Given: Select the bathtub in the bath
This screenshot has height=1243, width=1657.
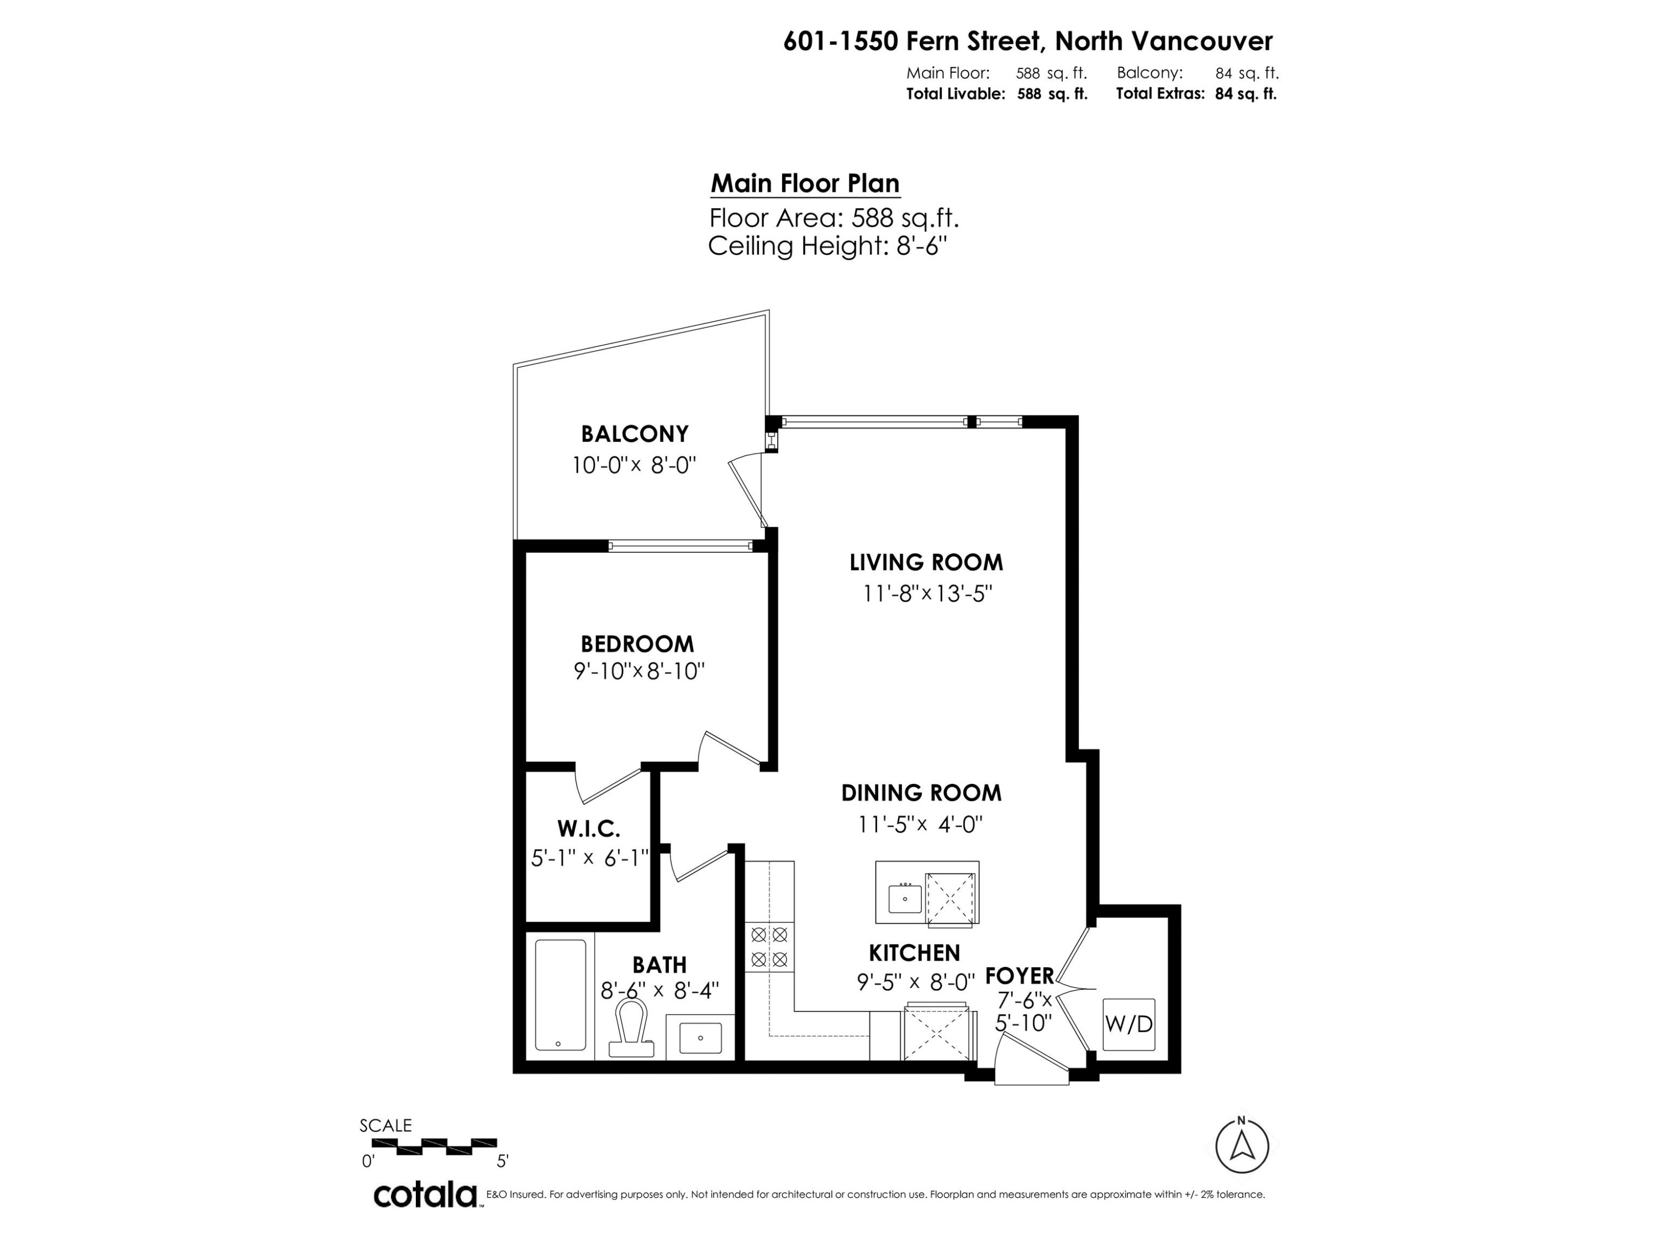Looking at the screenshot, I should coord(560,994).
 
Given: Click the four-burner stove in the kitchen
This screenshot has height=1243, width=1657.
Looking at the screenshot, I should coord(769,946).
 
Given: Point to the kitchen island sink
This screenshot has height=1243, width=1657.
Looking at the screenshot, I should coord(905,897).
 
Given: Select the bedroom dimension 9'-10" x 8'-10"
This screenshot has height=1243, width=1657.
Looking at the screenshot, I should coord(639,671).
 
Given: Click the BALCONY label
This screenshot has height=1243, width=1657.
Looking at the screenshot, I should coord(635,434).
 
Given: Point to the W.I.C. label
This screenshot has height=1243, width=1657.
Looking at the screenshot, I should coord(588,829).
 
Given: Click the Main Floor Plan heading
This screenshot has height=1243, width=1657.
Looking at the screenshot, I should coord(805,183).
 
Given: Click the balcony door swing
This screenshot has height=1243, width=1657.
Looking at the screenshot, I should coord(748,491).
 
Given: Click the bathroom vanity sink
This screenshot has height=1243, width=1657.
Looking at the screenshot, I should coord(700,1037).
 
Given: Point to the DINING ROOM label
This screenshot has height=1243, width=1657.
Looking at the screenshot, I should coord(921,793).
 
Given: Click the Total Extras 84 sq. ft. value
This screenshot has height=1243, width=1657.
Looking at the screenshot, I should coord(1245,94).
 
